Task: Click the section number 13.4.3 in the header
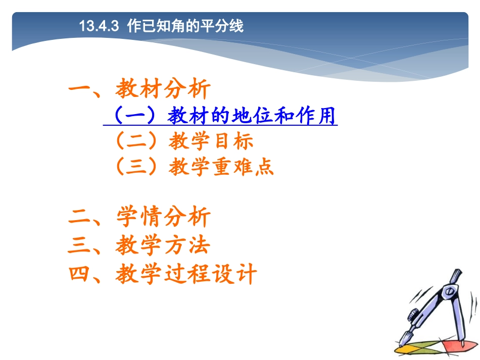click(99, 26)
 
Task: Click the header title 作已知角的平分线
click(185, 26)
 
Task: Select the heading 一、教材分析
click(139, 90)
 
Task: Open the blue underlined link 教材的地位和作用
click(253, 117)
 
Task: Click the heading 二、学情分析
click(139, 218)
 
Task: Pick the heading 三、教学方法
click(139, 246)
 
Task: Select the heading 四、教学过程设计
click(163, 275)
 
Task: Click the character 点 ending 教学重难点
click(265, 167)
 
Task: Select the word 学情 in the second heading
click(139, 218)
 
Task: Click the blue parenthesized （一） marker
click(132, 117)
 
